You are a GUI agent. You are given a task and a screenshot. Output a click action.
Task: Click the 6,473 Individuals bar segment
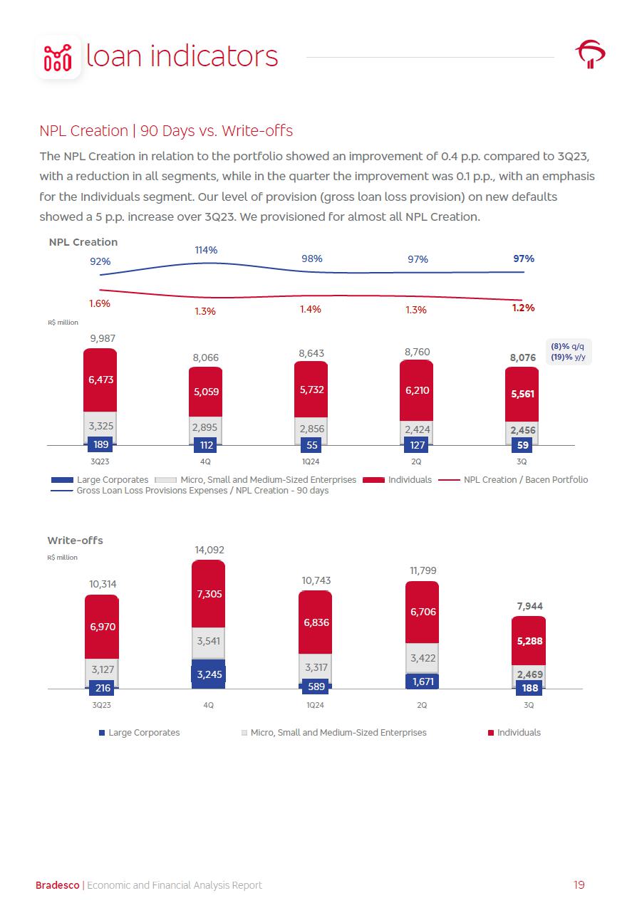click(100, 380)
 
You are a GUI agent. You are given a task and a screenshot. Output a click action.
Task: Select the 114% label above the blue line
click(206, 250)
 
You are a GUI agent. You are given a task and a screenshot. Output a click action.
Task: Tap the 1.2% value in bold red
click(524, 308)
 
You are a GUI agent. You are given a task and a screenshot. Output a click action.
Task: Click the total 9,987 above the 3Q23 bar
click(100, 338)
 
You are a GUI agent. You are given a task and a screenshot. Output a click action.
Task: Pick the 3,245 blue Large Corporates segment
click(208, 674)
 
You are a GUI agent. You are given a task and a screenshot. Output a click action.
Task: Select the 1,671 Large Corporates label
click(422, 682)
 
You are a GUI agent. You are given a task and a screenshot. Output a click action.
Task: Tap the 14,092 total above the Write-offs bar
click(209, 550)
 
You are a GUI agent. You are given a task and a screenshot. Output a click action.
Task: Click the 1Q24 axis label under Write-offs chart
click(315, 705)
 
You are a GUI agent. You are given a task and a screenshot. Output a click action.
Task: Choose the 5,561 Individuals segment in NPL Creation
click(522, 394)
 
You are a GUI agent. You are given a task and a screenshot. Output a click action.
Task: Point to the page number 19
click(579, 885)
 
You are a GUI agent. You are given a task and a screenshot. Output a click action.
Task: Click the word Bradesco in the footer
click(58, 885)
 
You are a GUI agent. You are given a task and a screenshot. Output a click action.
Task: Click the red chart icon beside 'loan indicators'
click(58, 56)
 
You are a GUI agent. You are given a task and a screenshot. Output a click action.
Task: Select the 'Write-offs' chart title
click(75, 541)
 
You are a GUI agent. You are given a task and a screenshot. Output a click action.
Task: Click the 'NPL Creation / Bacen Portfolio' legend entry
click(525, 479)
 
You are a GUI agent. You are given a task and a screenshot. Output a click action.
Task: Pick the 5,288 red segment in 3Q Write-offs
click(529, 640)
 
